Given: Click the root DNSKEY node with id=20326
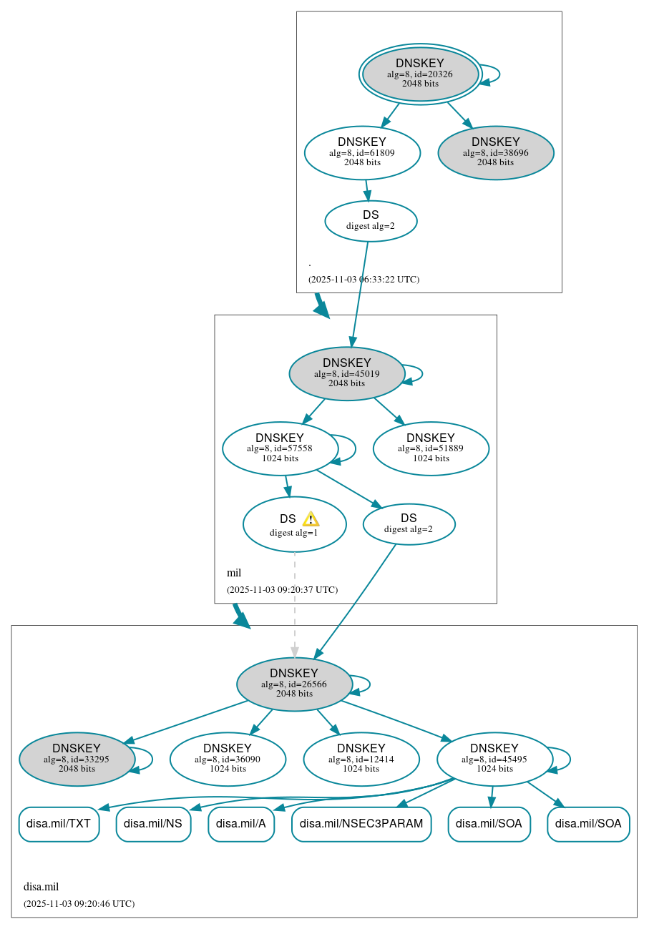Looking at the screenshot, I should (x=420, y=74).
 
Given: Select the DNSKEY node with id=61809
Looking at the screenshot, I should (x=362, y=152).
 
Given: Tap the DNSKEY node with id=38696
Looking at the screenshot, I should (x=495, y=152).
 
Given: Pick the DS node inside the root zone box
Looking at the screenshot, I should (x=371, y=220).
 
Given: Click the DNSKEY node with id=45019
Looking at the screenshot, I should (x=346, y=373).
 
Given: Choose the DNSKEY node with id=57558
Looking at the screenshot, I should (x=280, y=448).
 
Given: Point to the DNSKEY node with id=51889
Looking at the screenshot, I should (x=431, y=448).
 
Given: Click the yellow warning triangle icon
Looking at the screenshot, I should (x=311, y=519).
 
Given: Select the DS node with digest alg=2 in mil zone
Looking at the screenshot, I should (x=409, y=524).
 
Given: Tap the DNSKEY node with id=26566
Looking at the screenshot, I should (x=294, y=684).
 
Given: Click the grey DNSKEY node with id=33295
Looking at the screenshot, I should (x=77, y=759).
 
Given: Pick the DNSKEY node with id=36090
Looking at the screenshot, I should (x=228, y=759).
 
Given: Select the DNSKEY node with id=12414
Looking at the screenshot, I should (x=361, y=759).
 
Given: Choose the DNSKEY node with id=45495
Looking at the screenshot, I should (x=494, y=759).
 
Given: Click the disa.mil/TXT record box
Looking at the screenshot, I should (x=59, y=824).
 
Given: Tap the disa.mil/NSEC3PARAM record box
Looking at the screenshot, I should (x=361, y=824).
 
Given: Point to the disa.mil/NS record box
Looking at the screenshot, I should (x=153, y=824).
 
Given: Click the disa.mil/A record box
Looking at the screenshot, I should (x=241, y=824).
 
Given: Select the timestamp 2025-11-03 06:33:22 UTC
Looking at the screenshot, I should (x=363, y=280).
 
